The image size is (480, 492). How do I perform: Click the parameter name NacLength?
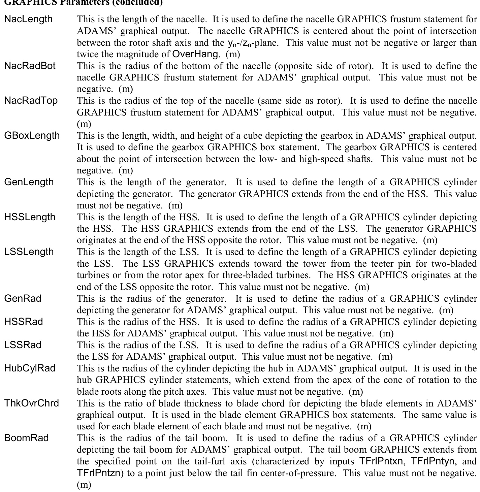pyautogui.click(x=28, y=19)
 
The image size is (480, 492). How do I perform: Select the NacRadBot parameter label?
pyautogui.click(x=30, y=66)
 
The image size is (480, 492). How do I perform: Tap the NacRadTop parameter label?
pyautogui.click(x=31, y=101)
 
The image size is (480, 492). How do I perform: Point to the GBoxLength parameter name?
pyautogui.click(x=32, y=136)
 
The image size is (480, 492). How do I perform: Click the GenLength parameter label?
pyautogui.click(x=29, y=182)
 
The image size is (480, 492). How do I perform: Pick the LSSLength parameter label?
pyautogui.click(x=29, y=252)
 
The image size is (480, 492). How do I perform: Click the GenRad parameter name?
pyautogui.click(x=23, y=299)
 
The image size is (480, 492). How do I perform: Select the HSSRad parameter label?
pyautogui.click(x=24, y=322)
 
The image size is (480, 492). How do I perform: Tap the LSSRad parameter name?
pyautogui.click(x=23, y=345)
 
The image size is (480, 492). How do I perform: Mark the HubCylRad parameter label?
pyautogui.click(x=30, y=368)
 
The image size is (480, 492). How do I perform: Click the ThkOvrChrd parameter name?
pyautogui.click(x=31, y=403)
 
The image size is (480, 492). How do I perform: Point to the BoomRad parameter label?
pyautogui.click(x=26, y=438)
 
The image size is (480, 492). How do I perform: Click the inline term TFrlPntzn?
pyautogui.click(x=98, y=473)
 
